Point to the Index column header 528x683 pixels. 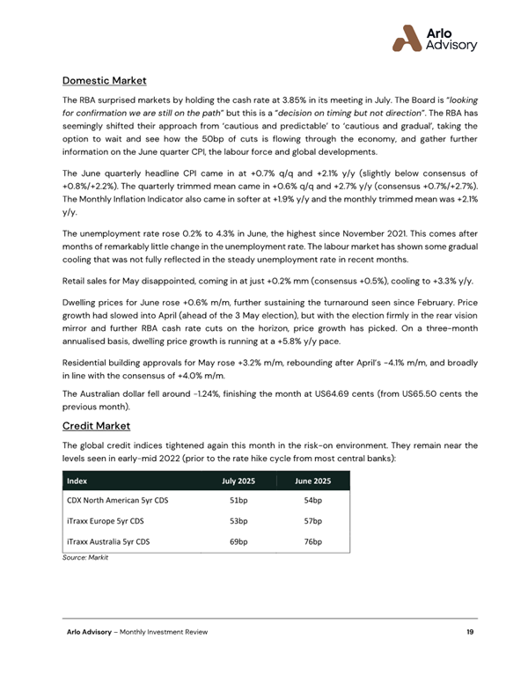(77, 481)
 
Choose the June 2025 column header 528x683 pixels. (312, 481)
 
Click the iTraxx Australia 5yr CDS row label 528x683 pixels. (108, 542)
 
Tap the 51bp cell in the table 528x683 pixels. (238, 501)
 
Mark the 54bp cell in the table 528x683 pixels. (312, 501)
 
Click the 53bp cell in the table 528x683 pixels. (238, 521)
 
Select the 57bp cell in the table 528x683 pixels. (312, 521)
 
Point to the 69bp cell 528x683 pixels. (238, 542)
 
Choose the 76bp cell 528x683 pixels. (312, 542)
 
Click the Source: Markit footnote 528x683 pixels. (85, 559)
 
